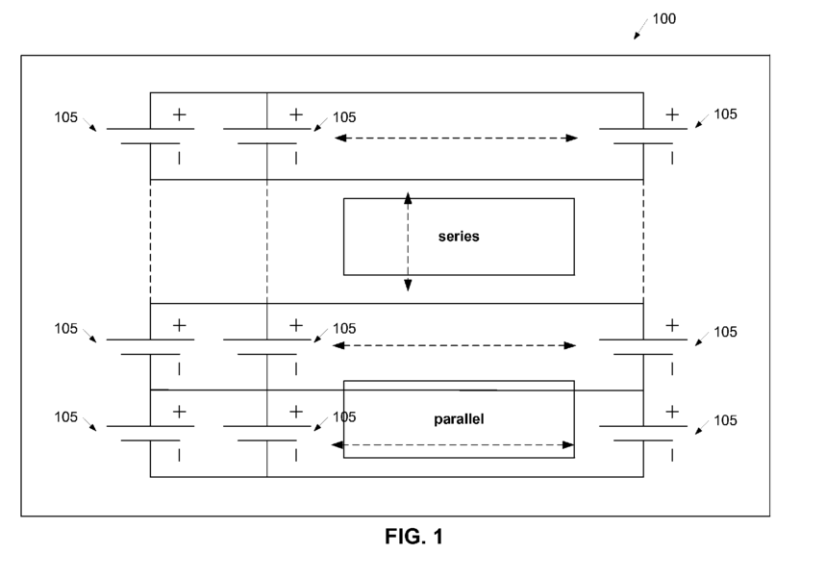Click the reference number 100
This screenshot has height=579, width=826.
663,19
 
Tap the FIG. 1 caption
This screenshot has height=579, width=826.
414,537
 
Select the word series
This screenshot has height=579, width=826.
459,236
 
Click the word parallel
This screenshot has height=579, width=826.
459,418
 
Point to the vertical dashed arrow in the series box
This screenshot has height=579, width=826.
408,241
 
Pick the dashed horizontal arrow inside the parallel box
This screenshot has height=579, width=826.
453,445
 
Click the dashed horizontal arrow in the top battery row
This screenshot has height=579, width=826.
456,138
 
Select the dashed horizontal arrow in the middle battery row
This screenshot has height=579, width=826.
454,345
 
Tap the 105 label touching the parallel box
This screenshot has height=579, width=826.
344,417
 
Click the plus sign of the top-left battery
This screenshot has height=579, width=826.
179,114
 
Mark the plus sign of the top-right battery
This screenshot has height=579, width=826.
671,114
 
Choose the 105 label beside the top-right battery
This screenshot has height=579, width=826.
725,114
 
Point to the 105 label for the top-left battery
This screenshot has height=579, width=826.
65,117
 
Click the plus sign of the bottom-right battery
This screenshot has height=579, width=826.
671,412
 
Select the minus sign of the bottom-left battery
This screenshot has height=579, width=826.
179,455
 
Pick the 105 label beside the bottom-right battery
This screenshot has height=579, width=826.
725,420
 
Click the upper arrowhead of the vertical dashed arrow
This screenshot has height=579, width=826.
408,198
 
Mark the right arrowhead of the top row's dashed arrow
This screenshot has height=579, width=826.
572,138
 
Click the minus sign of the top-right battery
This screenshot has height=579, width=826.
671,158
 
